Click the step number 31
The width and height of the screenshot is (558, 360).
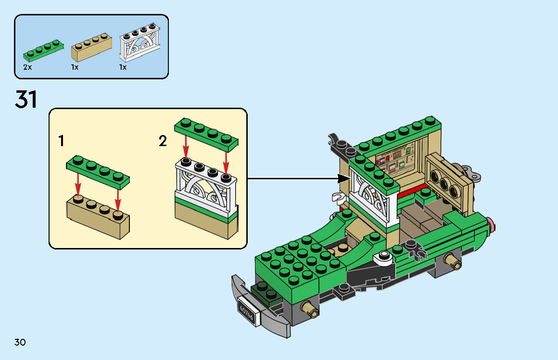26,99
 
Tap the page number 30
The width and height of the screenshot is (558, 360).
20,342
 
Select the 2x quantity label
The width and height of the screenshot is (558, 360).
27,68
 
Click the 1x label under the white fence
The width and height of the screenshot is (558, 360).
123,68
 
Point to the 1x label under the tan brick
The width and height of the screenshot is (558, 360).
75,68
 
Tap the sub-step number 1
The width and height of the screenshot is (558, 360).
61,141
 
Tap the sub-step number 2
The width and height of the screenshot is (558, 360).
163,141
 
